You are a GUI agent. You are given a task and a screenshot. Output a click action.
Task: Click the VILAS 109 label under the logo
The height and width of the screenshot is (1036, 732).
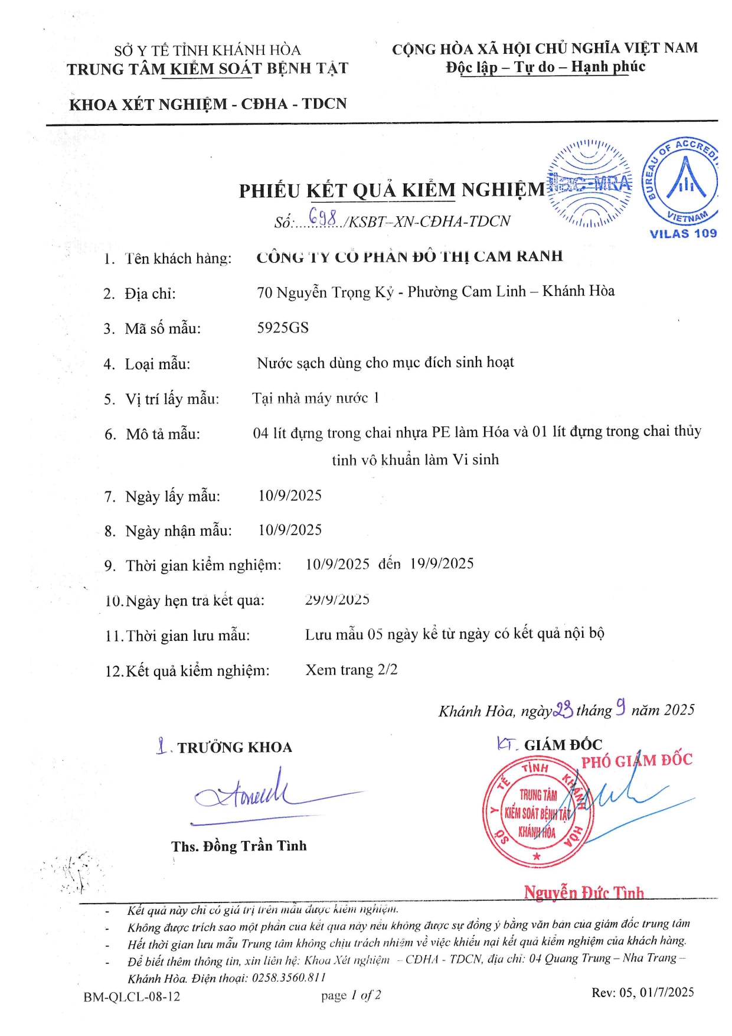(x=683, y=233)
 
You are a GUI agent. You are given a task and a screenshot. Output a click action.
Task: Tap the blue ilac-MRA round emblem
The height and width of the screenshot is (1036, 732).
(x=589, y=184)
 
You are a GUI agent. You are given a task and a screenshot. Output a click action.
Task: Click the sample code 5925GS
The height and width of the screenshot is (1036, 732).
(x=283, y=328)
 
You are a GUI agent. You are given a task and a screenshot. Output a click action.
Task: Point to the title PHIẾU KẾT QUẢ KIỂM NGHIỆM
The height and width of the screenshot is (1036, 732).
(x=392, y=190)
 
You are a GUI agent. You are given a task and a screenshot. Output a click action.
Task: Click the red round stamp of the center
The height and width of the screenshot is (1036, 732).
(x=537, y=813)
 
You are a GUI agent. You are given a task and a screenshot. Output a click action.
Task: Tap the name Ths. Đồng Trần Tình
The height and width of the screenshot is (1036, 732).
(x=239, y=846)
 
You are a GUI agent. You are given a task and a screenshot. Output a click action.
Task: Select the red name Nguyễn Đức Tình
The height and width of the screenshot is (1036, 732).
(x=584, y=892)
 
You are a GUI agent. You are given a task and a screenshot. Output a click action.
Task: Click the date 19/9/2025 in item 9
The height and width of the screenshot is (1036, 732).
(x=442, y=563)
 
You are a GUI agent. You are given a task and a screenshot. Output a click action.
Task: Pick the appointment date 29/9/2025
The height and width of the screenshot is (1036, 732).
(x=337, y=600)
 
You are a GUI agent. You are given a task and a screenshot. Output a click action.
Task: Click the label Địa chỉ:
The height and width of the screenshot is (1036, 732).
(x=150, y=294)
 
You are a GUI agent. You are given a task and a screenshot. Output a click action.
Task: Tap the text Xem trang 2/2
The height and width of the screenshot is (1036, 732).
(x=351, y=670)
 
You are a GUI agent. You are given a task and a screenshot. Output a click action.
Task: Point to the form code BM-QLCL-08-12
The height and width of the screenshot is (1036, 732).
(x=132, y=997)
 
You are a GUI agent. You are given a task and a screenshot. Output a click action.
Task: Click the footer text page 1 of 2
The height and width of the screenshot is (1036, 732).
(x=351, y=996)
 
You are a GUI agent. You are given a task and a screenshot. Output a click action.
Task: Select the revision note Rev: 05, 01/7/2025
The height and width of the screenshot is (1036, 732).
(x=643, y=992)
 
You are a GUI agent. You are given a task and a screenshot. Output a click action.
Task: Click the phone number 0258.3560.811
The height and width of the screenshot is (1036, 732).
(x=289, y=978)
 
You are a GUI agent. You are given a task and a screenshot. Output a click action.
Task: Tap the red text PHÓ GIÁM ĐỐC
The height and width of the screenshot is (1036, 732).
(x=637, y=760)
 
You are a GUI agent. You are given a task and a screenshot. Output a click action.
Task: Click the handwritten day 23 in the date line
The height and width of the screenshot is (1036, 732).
(x=563, y=709)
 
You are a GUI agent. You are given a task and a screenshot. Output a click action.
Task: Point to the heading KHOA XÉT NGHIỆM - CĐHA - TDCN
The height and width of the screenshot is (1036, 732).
(x=208, y=105)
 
